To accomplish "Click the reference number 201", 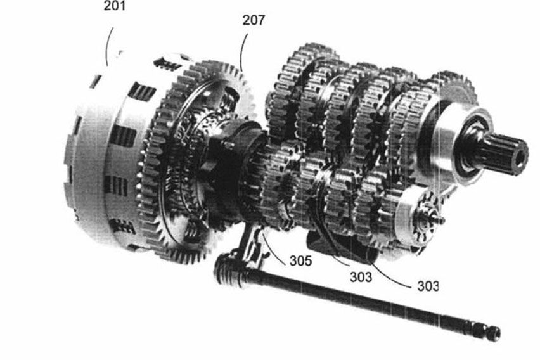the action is coord(115,5).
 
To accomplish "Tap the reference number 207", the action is coord(254,20).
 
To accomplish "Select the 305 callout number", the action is coord(300,260).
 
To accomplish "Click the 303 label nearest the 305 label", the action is coord(361,276).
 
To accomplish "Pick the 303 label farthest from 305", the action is coord(428,286).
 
